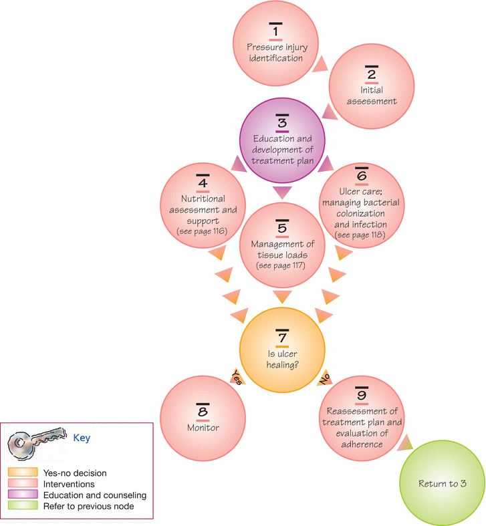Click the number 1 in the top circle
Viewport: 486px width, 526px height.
tap(275, 31)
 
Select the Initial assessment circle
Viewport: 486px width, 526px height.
tap(372, 86)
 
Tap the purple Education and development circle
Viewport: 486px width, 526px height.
tap(282, 140)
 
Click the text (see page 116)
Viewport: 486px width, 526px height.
tap(202, 231)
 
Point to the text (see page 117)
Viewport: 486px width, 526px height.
tap(281, 266)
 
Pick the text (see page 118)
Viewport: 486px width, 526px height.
tap(360, 235)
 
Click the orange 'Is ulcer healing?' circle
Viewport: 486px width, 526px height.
tap(282, 350)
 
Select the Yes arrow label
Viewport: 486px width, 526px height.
tap(237, 377)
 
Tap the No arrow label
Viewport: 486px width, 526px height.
tap(325, 378)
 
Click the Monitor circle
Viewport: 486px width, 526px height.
tap(203, 418)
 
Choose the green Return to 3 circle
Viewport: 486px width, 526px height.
tap(443, 483)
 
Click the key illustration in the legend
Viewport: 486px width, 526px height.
tap(37, 444)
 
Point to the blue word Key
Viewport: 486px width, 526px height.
tap(82, 438)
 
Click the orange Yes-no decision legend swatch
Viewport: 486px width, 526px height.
tap(23, 473)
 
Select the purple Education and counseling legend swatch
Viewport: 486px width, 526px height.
tap(23, 494)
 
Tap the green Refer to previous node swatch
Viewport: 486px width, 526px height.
tap(23, 505)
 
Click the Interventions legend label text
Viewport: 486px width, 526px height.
tap(69, 484)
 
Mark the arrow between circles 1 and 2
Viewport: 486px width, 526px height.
tap(320, 63)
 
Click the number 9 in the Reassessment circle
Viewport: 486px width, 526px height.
tap(362, 395)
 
